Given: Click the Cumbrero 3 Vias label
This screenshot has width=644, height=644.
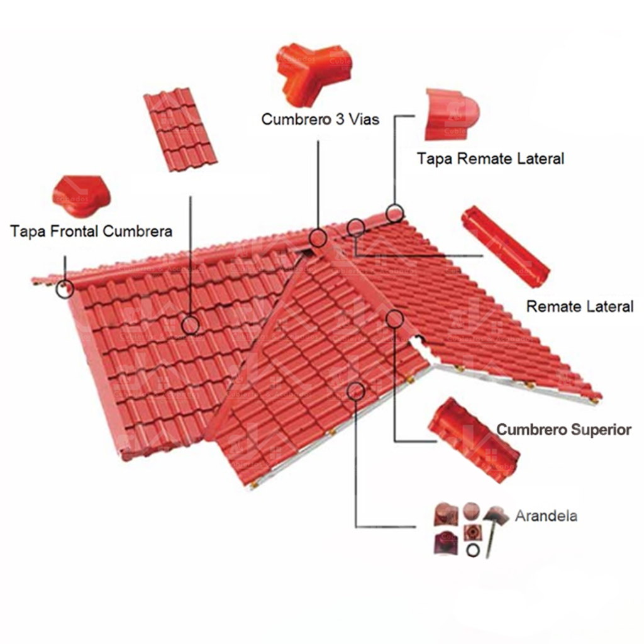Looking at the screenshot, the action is click(x=320, y=119).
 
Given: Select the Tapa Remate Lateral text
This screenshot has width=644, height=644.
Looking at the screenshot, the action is click(x=491, y=158).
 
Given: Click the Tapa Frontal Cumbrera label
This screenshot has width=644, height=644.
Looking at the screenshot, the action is click(x=91, y=231).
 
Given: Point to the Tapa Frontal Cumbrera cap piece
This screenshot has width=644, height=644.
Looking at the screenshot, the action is click(x=81, y=196).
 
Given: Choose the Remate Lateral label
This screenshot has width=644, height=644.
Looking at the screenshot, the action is click(x=580, y=306).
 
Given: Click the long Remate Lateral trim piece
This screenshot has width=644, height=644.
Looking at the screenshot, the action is click(x=506, y=247).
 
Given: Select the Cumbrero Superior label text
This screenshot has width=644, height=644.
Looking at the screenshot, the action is click(x=564, y=430).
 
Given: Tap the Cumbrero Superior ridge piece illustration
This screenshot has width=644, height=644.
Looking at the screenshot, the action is click(x=473, y=440).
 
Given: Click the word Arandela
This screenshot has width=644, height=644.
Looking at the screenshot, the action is click(x=547, y=516).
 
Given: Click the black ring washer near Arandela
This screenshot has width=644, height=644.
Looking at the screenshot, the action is click(x=473, y=550).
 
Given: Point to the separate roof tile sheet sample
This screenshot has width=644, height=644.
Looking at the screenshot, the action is click(x=180, y=130).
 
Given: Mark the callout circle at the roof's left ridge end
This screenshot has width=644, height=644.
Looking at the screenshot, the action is click(x=65, y=289).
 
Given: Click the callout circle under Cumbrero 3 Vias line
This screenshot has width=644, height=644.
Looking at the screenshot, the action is click(x=318, y=238).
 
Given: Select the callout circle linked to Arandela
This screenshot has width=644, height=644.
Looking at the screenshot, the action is click(x=356, y=391).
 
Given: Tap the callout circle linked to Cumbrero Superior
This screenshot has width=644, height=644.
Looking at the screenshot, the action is click(x=394, y=319).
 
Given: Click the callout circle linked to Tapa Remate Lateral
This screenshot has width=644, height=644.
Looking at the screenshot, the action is click(x=395, y=213).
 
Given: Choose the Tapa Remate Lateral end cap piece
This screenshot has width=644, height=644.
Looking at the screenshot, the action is click(x=452, y=114).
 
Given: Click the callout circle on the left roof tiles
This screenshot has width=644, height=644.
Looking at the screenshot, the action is click(x=190, y=325).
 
